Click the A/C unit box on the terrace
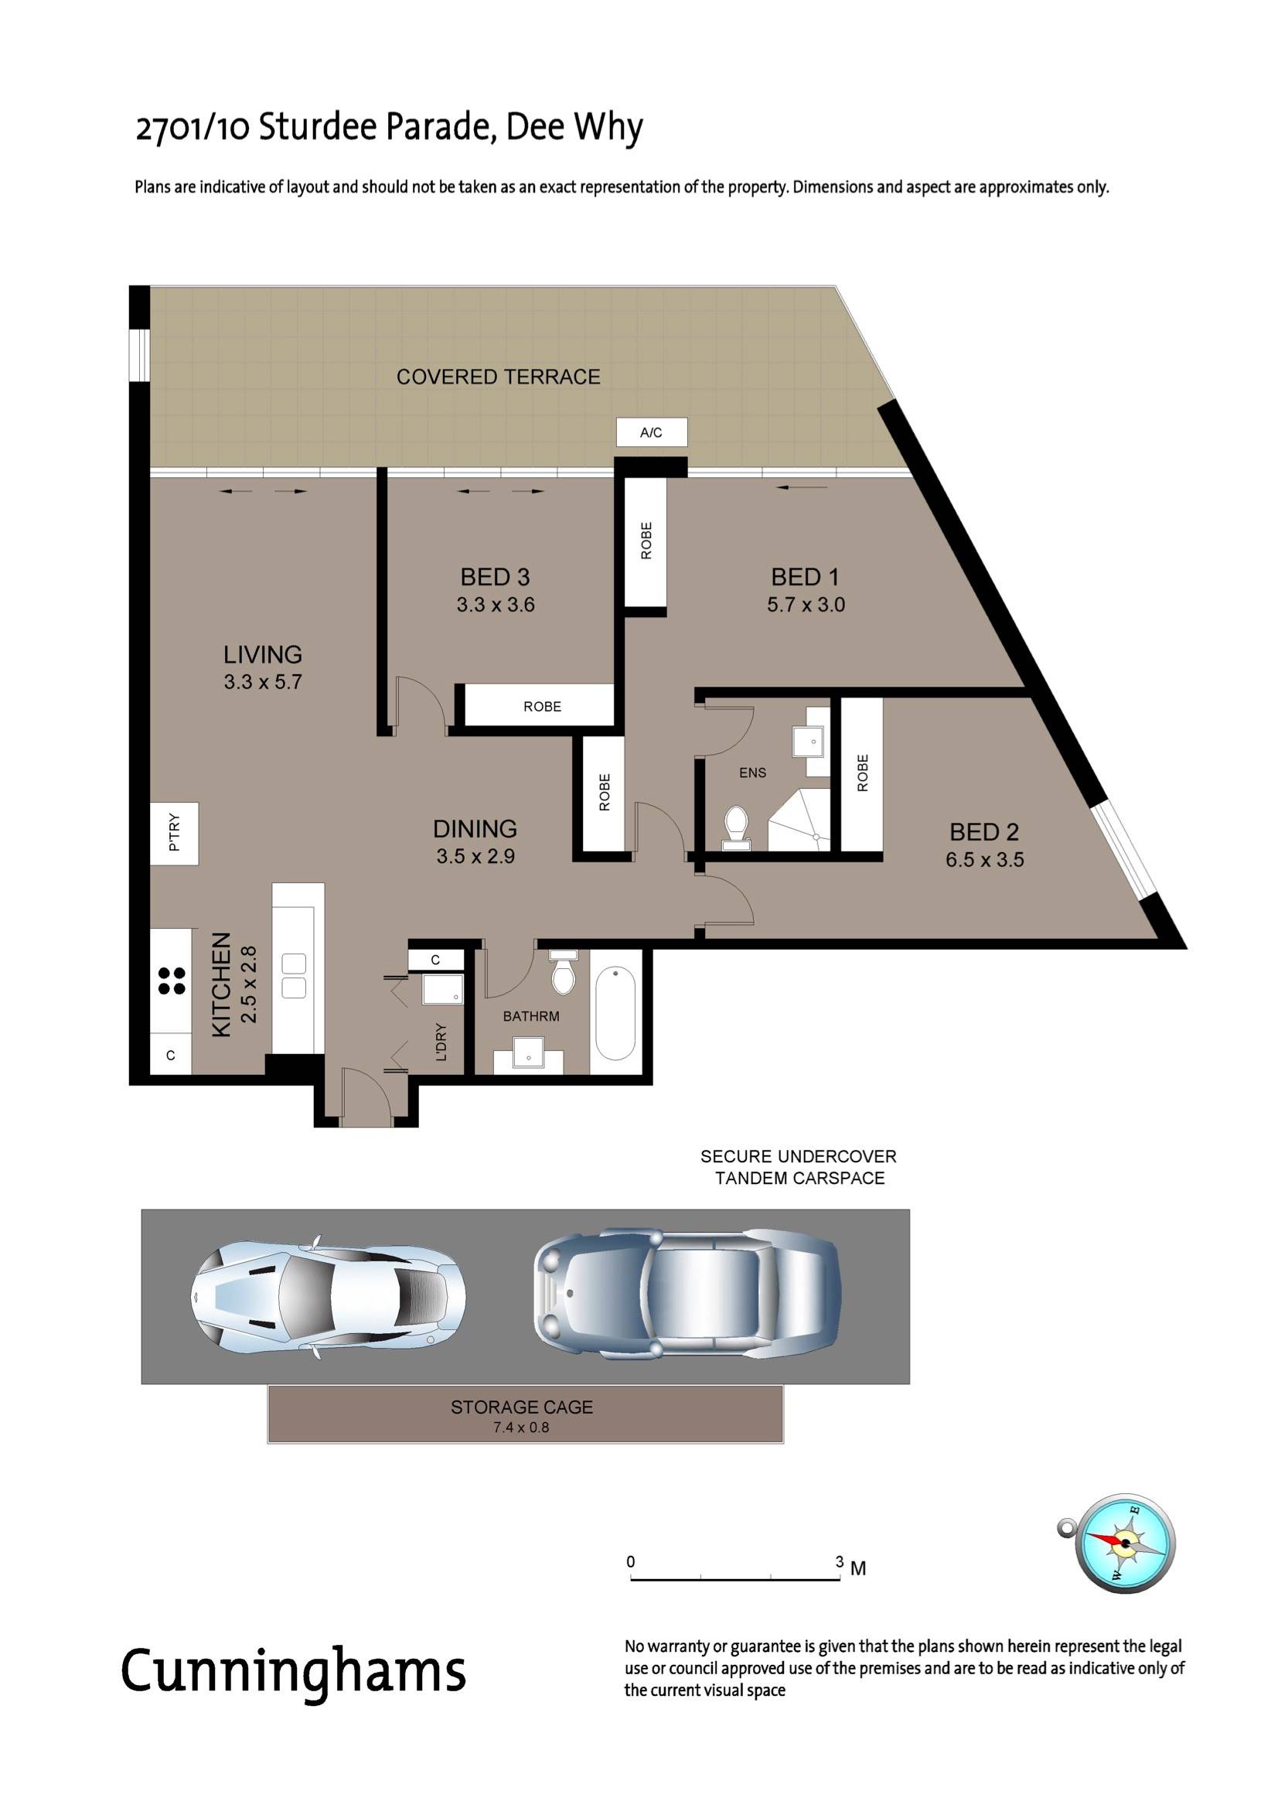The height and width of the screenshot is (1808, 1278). click(651, 432)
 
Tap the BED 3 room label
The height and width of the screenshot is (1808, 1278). click(496, 577)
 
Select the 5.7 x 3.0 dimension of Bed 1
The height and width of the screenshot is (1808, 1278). click(806, 605)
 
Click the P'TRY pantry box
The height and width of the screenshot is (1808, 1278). click(175, 833)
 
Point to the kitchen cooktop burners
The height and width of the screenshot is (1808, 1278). click(172, 981)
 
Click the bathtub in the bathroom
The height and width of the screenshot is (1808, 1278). click(615, 1013)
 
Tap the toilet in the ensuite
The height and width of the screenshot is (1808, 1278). click(735, 828)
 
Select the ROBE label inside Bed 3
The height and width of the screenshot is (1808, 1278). click(543, 706)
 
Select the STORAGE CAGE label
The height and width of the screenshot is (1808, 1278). click(522, 1407)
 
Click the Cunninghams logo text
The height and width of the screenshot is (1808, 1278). click(294, 1674)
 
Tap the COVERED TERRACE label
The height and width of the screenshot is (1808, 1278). click(499, 377)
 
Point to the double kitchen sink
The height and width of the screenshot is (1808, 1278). click(294, 976)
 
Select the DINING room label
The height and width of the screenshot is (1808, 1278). click(475, 828)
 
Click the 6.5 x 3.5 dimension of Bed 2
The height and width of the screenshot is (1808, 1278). click(985, 860)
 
